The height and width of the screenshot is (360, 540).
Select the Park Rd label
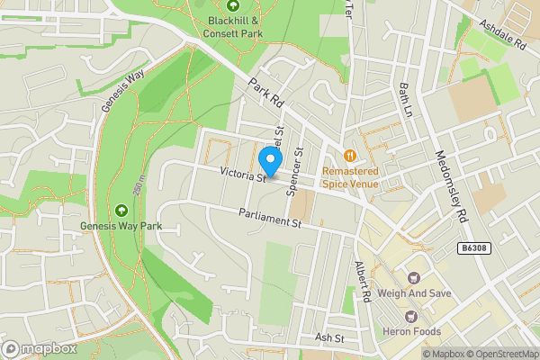(266, 92)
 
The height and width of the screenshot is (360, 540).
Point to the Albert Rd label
(364, 283)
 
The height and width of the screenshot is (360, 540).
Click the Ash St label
(329, 337)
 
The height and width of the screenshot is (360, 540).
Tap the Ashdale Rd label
(501, 35)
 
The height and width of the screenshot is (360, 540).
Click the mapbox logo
(38, 347)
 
